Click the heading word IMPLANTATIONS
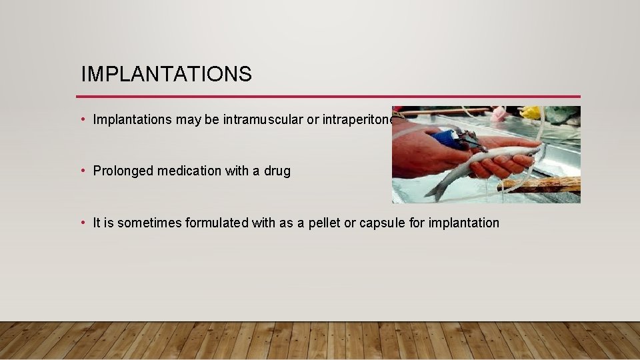(166, 74)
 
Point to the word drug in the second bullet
(277, 171)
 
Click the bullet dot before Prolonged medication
(83, 171)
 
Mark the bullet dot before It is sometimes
(83, 223)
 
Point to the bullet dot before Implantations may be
(83, 120)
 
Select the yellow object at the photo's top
(531, 112)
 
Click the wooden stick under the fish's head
(543, 184)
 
